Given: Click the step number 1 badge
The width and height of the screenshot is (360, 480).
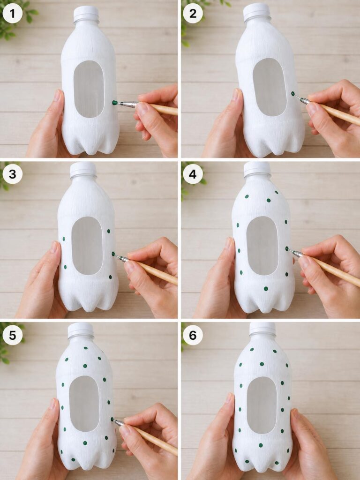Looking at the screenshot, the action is click(12, 14).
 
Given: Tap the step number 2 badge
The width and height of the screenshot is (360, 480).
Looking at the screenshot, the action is click(193, 14).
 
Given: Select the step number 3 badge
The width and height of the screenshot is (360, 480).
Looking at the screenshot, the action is click(12, 174).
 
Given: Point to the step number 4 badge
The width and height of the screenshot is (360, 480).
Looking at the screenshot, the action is click(193, 174).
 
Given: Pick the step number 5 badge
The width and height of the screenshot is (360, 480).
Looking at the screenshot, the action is click(12, 335).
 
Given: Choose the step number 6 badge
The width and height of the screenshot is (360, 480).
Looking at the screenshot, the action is click(193, 335).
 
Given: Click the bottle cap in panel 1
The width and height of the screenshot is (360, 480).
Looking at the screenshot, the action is click(86, 13).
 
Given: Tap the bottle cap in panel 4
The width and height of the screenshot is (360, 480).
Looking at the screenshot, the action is click(257, 169).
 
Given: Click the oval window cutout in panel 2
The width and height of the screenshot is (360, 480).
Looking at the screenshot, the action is click(270, 87).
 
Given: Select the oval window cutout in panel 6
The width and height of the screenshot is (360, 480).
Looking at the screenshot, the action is click(262, 405).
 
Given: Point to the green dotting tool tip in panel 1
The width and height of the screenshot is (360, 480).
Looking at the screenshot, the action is click(115, 103).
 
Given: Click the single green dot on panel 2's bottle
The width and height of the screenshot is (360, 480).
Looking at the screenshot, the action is click(293, 93).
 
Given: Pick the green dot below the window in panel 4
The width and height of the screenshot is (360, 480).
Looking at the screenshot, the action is click(266, 288).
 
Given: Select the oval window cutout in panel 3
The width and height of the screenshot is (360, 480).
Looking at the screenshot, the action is click(87, 246).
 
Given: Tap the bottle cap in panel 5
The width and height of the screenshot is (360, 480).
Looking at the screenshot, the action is click(81, 330).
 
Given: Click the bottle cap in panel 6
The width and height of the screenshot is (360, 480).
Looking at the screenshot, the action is click(262, 329).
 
